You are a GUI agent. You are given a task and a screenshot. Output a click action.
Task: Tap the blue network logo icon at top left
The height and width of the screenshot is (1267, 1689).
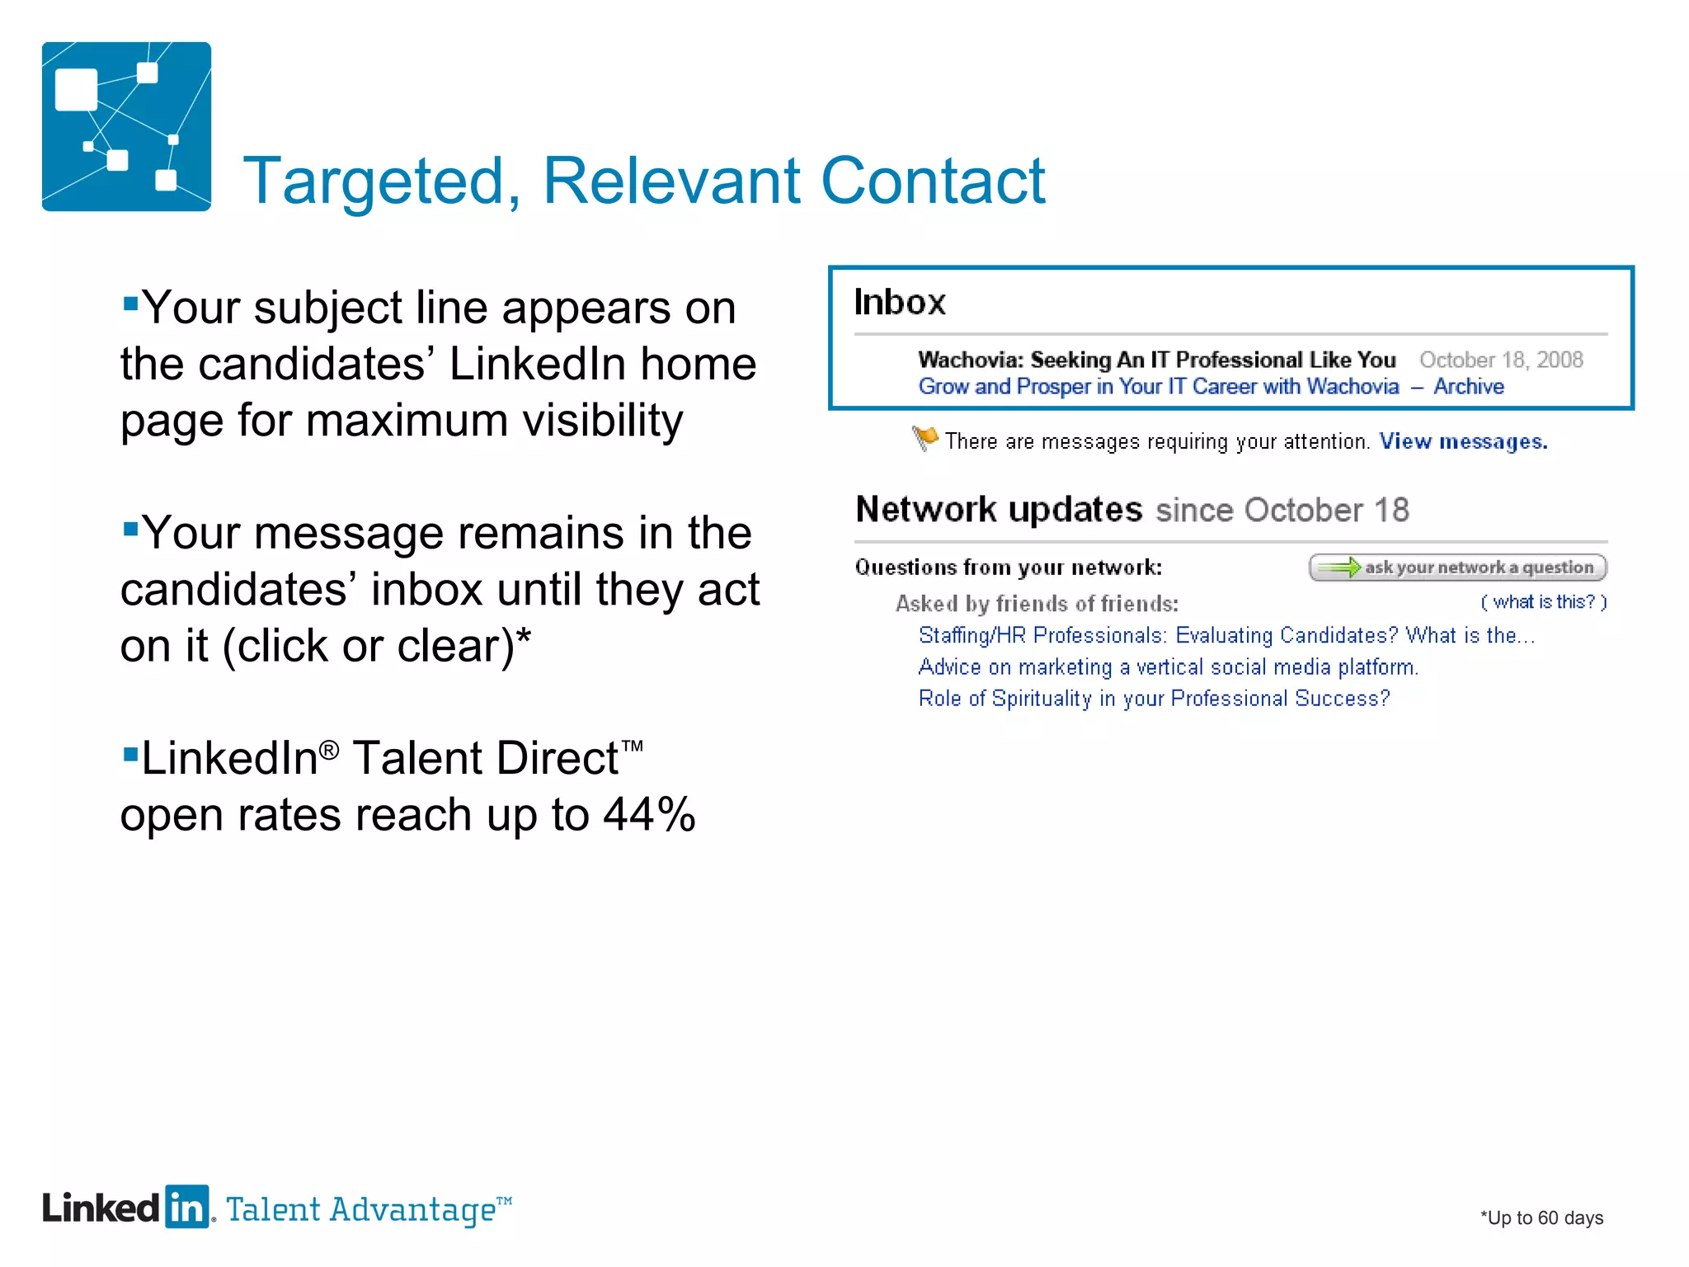click(126, 126)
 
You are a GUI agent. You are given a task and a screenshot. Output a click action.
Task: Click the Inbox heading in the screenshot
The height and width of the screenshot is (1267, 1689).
click(899, 302)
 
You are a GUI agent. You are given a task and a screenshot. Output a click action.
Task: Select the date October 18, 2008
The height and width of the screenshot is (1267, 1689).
click(1500, 360)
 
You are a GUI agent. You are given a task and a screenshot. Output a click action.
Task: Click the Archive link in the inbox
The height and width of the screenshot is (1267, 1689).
click(1468, 387)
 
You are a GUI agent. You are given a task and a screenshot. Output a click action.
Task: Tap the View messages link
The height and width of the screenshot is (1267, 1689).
click(1463, 442)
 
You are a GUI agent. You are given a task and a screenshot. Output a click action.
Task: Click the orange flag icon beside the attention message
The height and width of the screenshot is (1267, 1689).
click(925, 437)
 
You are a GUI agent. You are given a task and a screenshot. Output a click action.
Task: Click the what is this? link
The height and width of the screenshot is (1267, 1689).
click(1543, 602)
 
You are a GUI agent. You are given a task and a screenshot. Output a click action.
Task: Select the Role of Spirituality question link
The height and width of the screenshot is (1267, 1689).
click(1153, 699)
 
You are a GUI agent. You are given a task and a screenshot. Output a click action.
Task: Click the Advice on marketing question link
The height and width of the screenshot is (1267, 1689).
click(1168, 667)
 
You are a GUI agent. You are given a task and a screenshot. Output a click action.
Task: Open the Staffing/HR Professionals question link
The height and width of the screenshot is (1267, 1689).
click(1226, 636)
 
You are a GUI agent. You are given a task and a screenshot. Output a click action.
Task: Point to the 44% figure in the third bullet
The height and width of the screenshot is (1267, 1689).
click(649, 815)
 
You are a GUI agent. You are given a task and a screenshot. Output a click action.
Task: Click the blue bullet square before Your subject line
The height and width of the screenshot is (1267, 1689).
click(130, 303)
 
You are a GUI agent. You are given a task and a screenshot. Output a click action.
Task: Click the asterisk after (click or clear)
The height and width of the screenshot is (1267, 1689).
click(524, 638)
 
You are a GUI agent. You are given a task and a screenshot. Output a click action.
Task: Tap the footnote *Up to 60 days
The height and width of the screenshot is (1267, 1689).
click(1541, 1218)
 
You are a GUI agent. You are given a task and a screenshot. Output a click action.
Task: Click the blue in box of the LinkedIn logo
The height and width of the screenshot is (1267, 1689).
click(187, 1208)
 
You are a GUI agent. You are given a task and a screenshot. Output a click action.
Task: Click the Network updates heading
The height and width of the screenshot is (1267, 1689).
click(999, 510)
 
